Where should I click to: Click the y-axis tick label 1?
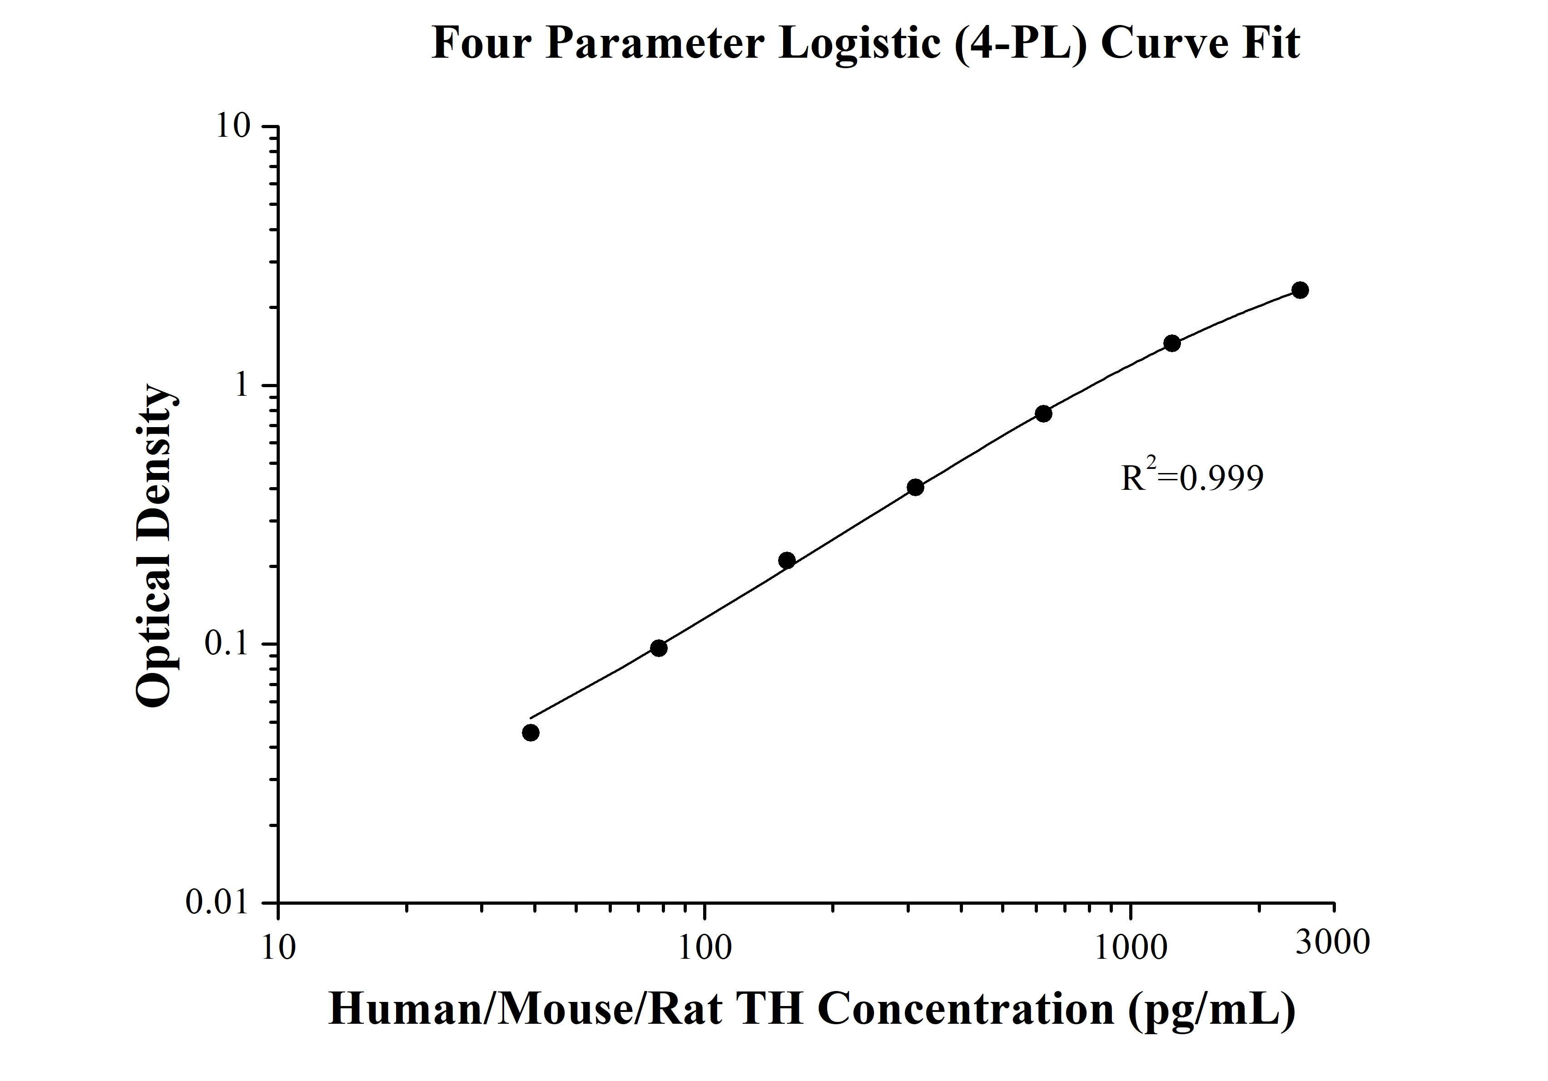coord(241,385)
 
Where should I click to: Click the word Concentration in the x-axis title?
coord(966,1009)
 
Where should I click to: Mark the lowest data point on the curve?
coord(531,732)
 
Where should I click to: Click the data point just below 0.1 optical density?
coord(659,648)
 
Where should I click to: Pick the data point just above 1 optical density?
coord(1172,343)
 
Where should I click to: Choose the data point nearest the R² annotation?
coord(1043,413)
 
